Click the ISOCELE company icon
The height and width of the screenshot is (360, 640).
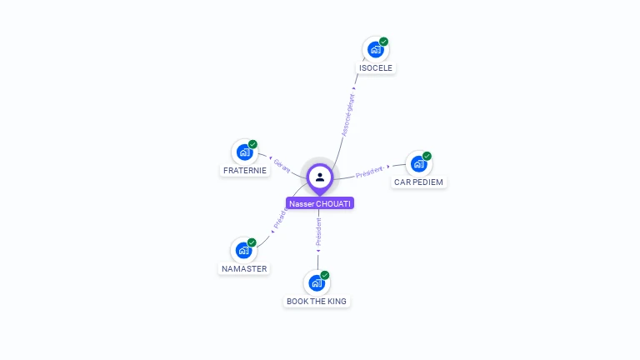pos(375,49)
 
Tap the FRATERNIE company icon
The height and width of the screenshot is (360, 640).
pos(244,152)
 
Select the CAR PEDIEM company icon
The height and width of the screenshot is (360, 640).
pos(418,163)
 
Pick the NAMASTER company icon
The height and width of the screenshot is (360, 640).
pos(243,250)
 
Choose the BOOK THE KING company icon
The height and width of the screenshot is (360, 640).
pos(317,282)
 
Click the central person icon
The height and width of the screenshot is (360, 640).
pos(320,177)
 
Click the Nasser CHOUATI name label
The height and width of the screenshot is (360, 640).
pos(320,203)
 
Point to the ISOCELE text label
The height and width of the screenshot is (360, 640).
pos(376,68)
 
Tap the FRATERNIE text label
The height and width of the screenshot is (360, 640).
pos(245,171)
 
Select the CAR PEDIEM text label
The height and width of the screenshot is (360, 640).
pos(419,182)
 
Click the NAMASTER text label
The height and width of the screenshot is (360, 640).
pos(244,269)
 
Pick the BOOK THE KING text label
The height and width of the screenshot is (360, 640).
pos(317,302)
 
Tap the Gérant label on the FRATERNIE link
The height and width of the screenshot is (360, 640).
pos(282,165)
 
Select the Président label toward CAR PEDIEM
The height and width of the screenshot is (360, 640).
pos(370,172)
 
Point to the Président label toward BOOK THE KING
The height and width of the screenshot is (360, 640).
pos(318,232)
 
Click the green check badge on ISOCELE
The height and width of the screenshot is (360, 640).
pos(383,41)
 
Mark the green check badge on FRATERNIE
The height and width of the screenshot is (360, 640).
pos(252,144)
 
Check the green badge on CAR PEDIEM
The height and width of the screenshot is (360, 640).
pos(427,156)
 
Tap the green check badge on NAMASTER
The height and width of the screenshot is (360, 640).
pos(252,242)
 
